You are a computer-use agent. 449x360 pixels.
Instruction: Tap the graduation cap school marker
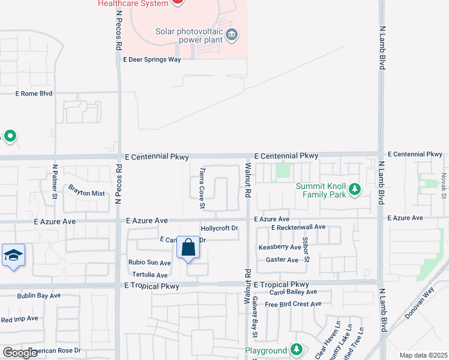pos(13,255)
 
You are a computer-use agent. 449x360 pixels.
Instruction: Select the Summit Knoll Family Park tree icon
pos(355,190)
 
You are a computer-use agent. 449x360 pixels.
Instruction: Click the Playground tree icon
pos(295,350)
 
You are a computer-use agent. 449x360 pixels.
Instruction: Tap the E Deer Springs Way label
pos(152,59)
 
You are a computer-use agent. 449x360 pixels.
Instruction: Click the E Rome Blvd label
pos(34,94)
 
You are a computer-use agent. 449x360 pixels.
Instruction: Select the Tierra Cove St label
pos(202,188)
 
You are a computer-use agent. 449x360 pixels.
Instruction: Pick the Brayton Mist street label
pos(86,193)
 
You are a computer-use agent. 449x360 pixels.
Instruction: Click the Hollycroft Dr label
pos(220,229)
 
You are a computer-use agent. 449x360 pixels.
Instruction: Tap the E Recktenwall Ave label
pos(298,227)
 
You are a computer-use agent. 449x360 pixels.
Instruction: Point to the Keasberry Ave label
pos(280,247)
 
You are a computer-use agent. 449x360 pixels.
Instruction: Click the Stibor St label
pos(306,250)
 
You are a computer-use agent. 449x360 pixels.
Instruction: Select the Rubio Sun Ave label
pos(150,263)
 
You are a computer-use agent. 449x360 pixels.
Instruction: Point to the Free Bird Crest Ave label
pos(294,304)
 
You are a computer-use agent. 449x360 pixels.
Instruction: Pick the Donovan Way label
pos(428,303)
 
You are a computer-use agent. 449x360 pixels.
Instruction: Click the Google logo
pos(20,353)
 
